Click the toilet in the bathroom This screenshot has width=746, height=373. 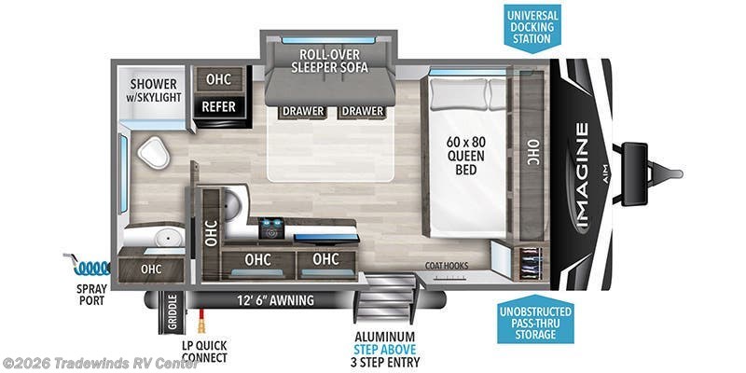click(153, 152)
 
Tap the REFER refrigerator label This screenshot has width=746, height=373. click(219, 106)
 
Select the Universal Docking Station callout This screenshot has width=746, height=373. click(532, 27)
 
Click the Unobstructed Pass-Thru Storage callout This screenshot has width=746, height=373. click(535, 323)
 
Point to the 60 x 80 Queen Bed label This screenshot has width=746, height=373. click(465, 155)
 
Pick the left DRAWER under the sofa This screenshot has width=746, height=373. click(304, 111)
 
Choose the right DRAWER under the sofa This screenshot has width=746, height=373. click(363, 111)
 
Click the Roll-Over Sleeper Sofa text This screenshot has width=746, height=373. click(330, 61)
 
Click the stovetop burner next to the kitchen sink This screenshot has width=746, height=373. click(271, 228)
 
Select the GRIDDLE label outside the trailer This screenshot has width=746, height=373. click(173, 312)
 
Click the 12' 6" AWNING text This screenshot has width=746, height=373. click(276, 300)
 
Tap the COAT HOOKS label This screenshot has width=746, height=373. click(447, 266)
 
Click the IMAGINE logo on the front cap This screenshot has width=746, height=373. click(582, 174)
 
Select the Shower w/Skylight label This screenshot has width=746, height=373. click(154, 90)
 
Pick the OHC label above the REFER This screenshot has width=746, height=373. click(219, 79)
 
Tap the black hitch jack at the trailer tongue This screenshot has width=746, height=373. click(634, 174)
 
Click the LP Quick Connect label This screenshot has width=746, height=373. click(204, 352)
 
